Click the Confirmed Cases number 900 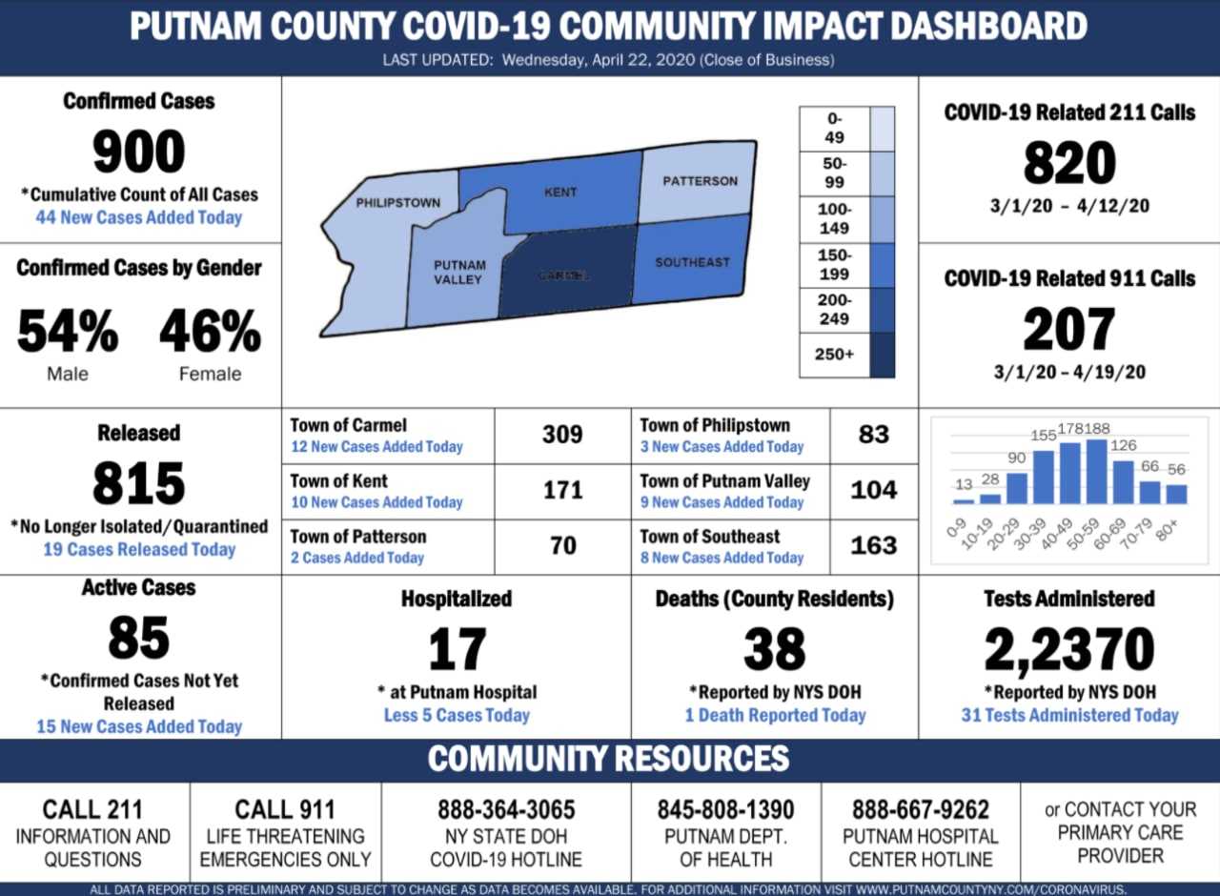(138, 153)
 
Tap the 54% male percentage (68, 332)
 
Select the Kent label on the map (560, 192)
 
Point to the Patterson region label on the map (700, 181)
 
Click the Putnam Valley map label (459, 273)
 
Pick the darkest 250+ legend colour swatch (883, 354)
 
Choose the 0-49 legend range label (835, 128)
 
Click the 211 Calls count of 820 (1069, 163)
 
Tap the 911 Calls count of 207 (1069, 330)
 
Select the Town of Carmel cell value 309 (562, 435)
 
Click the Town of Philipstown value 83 (873, 435)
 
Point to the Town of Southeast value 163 (873, 545)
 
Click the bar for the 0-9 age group (965, 500)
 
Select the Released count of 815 (138, 484)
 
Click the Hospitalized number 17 (457, 650)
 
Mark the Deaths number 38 (774, 650)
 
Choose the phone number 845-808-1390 (725, 810)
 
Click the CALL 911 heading (285, 810)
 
